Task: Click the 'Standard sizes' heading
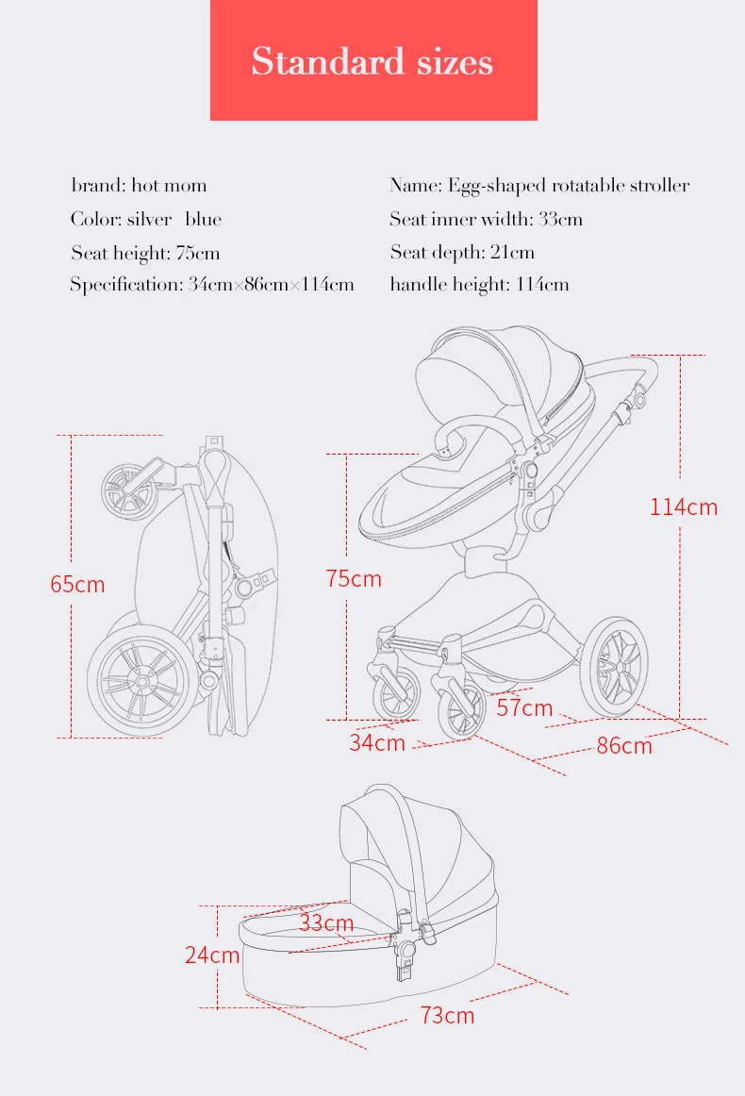(x=372, y=61)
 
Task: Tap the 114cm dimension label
(x=684, y=506)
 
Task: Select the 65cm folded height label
(x=77, y=584)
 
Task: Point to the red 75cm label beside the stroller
(x=354, y=579)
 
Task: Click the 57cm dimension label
(x=525, y=707)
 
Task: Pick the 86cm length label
(x=624, y=746)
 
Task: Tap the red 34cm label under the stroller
(x=377, y=742)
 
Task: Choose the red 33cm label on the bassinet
(x=326, y=922)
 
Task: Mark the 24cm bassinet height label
(x=212, y=955)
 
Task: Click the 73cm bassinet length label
(x=447, y=1015)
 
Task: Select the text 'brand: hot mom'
(x=139, y=185)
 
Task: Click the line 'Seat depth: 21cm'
(x=463, y=253)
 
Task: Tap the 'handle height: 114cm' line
(x=479, y=285)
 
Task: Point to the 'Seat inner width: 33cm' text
(x=487, y=219)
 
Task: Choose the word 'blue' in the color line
(x=204, y=219)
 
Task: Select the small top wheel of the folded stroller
(x=128, y=490)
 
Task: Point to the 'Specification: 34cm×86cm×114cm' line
(x=212, y=285)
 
